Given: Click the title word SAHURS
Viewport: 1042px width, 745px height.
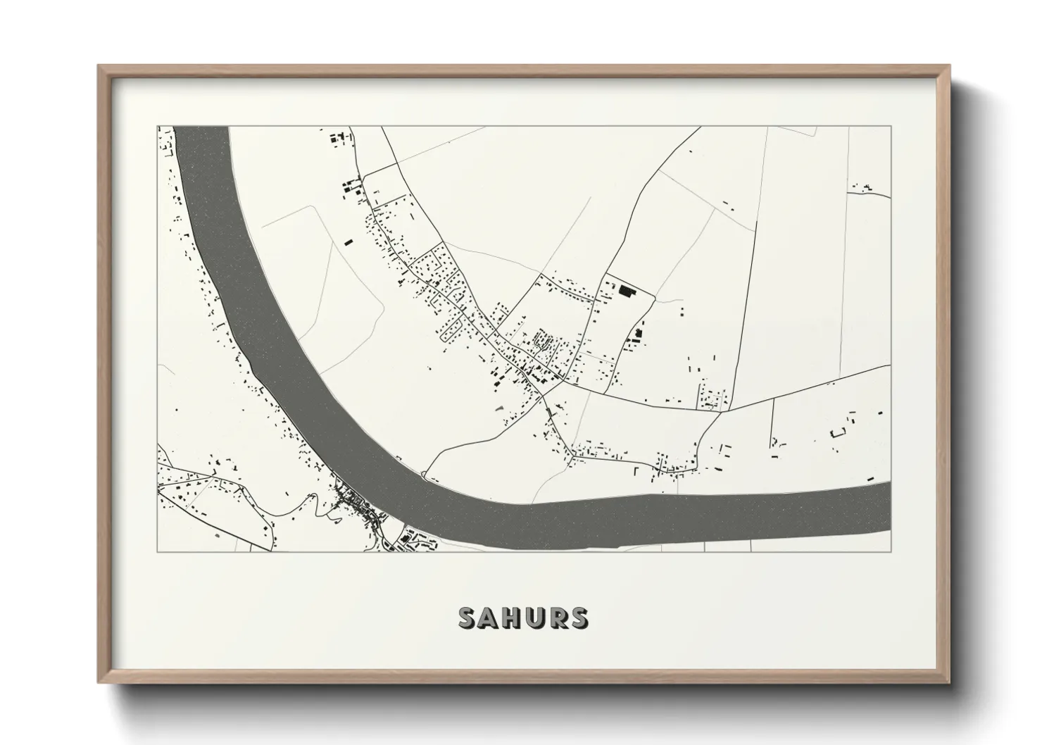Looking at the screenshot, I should tap(522, 618).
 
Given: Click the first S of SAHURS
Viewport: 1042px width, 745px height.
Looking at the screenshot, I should tap(467, 618).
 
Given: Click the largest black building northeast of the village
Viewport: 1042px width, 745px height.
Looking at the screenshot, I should tap(626, 290).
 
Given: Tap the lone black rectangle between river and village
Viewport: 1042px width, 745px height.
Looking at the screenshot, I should tap(347, 242).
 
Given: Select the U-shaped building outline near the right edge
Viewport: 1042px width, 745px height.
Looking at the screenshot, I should tap(837, 432).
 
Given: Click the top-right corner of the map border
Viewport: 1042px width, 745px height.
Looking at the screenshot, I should tap(891, 127).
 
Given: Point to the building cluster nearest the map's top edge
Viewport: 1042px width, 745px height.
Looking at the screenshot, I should tap(340, 137).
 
